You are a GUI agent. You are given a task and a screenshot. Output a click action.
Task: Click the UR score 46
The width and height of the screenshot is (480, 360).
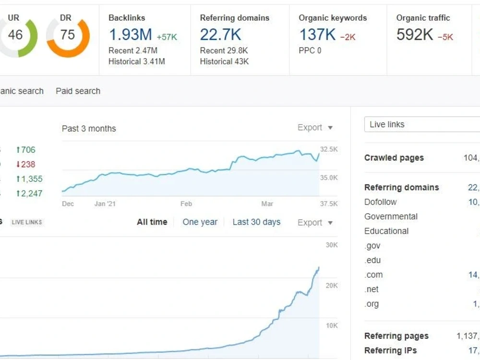pyautogui.click(x=15, y=35)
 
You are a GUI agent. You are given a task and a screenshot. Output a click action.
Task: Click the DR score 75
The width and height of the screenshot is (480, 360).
pyautogui.click(x=68, y=35)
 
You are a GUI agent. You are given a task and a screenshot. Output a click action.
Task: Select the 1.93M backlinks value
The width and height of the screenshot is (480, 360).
pyautogui.click(x=131, y=34)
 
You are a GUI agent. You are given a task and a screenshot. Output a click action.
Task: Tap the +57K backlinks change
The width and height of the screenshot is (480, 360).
pyautogui.click(x=167, y=37)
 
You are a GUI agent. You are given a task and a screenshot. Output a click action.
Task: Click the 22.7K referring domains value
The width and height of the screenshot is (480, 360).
pyautogui.click(x=220, y=34)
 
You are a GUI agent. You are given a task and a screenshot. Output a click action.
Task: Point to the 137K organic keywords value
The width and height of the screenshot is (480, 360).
pyautogui.click(x=317, y=34)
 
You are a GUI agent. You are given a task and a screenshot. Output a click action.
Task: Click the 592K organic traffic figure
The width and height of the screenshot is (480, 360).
pyautogui.click(x=415, y=34)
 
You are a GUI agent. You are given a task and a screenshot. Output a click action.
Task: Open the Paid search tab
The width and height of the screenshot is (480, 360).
pyautogui.click(x=78, y=91)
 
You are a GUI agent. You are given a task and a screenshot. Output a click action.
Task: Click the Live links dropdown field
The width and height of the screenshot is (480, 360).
pyautogui.click(x=422, y=124)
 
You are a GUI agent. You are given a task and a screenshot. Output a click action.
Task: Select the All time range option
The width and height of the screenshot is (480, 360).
pyautogui.click(x=152, y=222)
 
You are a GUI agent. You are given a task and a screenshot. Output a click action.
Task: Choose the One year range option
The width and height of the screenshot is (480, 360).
pyautogui.click(x=200, y=222)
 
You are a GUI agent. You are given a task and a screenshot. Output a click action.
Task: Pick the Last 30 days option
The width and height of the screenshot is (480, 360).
pyautogui.click(x=256, y=222)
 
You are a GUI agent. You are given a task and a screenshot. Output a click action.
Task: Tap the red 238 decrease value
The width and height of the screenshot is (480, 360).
pyautogui.click(x=26, y=164)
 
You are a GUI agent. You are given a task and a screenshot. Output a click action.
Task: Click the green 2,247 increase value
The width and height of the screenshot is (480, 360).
pyautogui.click(x=29, y=193)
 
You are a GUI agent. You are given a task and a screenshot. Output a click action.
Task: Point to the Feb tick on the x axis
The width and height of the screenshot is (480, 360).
pyautogui.click(x=186, y=204)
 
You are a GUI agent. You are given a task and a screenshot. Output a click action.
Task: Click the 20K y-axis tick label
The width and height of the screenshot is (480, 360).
pyautogui.click(x=332, y=286)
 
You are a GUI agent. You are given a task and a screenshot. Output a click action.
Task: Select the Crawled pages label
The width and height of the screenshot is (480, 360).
pyautogui.click(x=394, y=157)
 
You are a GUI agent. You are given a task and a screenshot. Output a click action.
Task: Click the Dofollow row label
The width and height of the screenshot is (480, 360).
pyautogui.click(x=381, y=202)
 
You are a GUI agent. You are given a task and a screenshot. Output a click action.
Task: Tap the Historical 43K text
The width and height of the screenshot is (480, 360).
pyautogui.click(x=224, y=61)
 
